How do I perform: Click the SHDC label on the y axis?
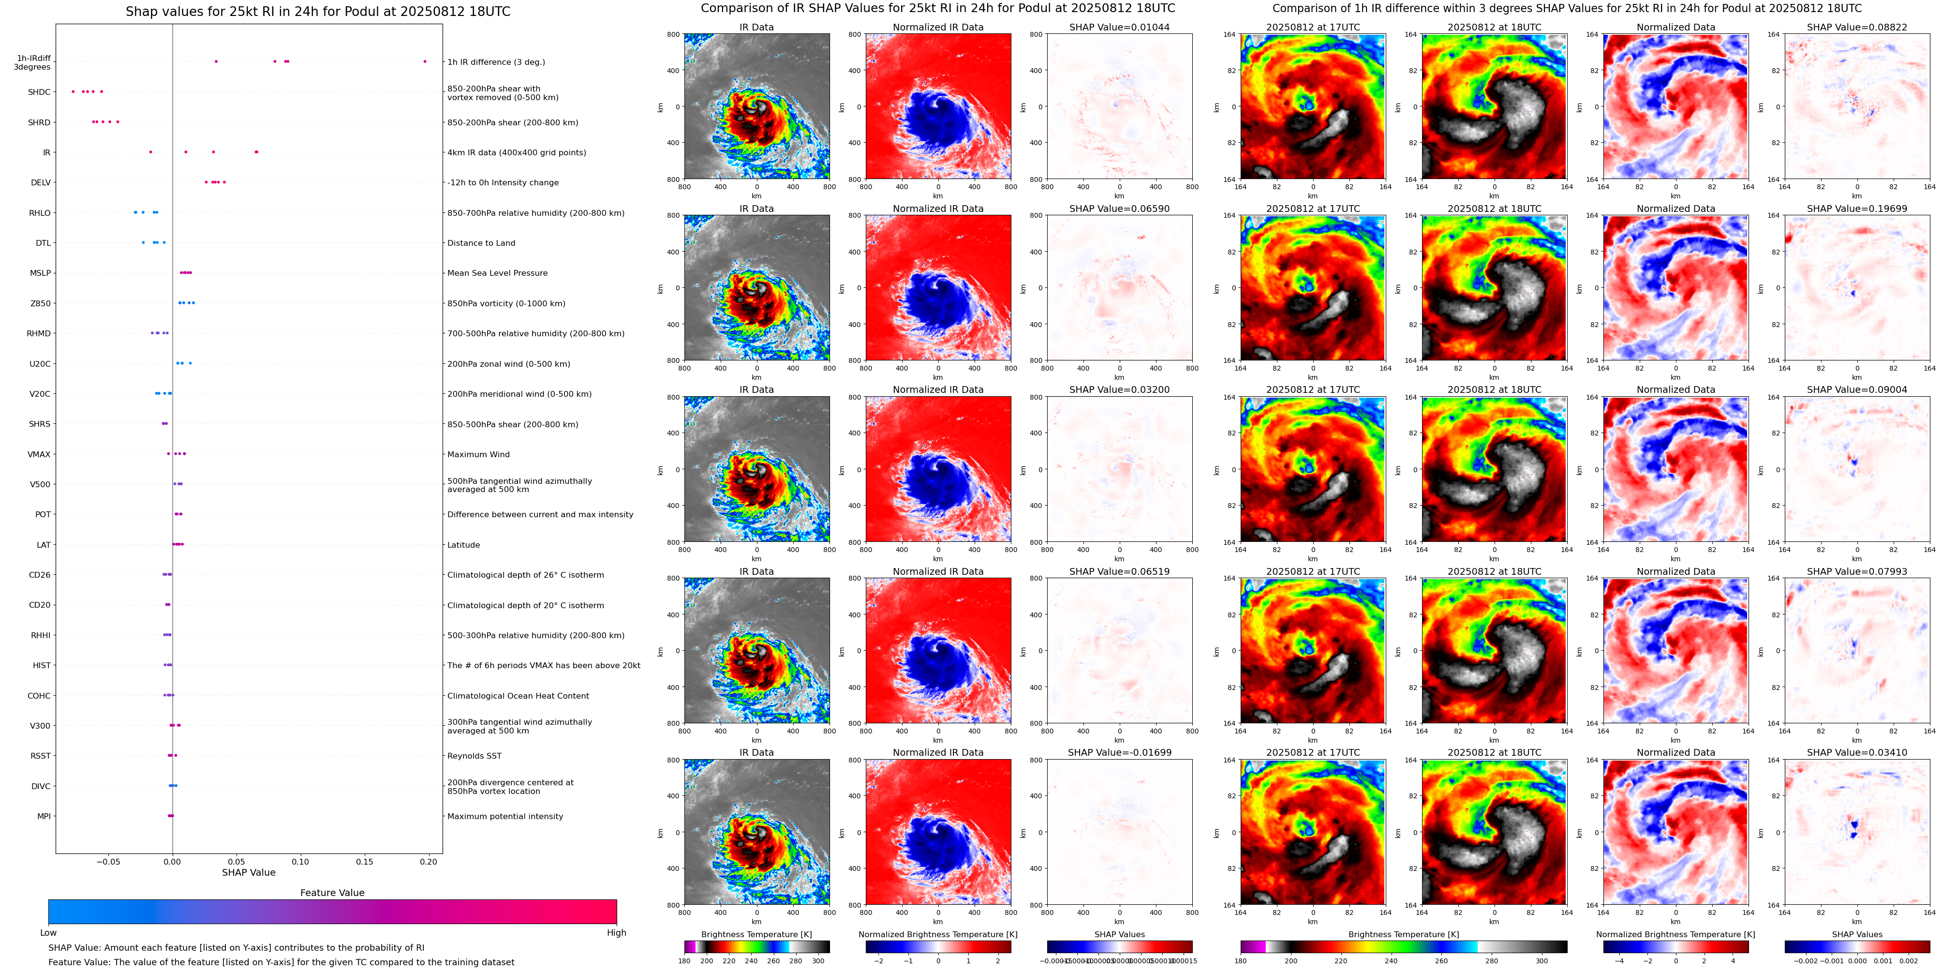(39, 92)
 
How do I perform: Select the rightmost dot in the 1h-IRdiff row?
(425, 61)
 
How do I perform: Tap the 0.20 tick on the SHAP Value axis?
(428, 861)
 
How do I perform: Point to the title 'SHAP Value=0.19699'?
(1857, 209)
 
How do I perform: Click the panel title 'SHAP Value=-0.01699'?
(1120, 752)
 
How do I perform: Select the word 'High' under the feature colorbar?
(616, 933)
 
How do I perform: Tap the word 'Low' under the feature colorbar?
(48, 933)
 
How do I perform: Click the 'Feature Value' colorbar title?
(332, 893)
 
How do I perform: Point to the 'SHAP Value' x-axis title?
(248, 872)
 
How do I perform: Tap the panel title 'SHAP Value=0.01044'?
(1120, 27)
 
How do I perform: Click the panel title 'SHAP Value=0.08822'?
(1857, 27)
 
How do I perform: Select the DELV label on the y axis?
(41, 182)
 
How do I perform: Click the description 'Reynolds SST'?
(474, 756)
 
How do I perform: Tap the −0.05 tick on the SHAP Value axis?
(108, 861)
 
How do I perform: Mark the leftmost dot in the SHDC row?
(73, 91)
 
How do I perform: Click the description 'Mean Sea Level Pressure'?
(498, 273)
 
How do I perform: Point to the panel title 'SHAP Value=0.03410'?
(1857, 752)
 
